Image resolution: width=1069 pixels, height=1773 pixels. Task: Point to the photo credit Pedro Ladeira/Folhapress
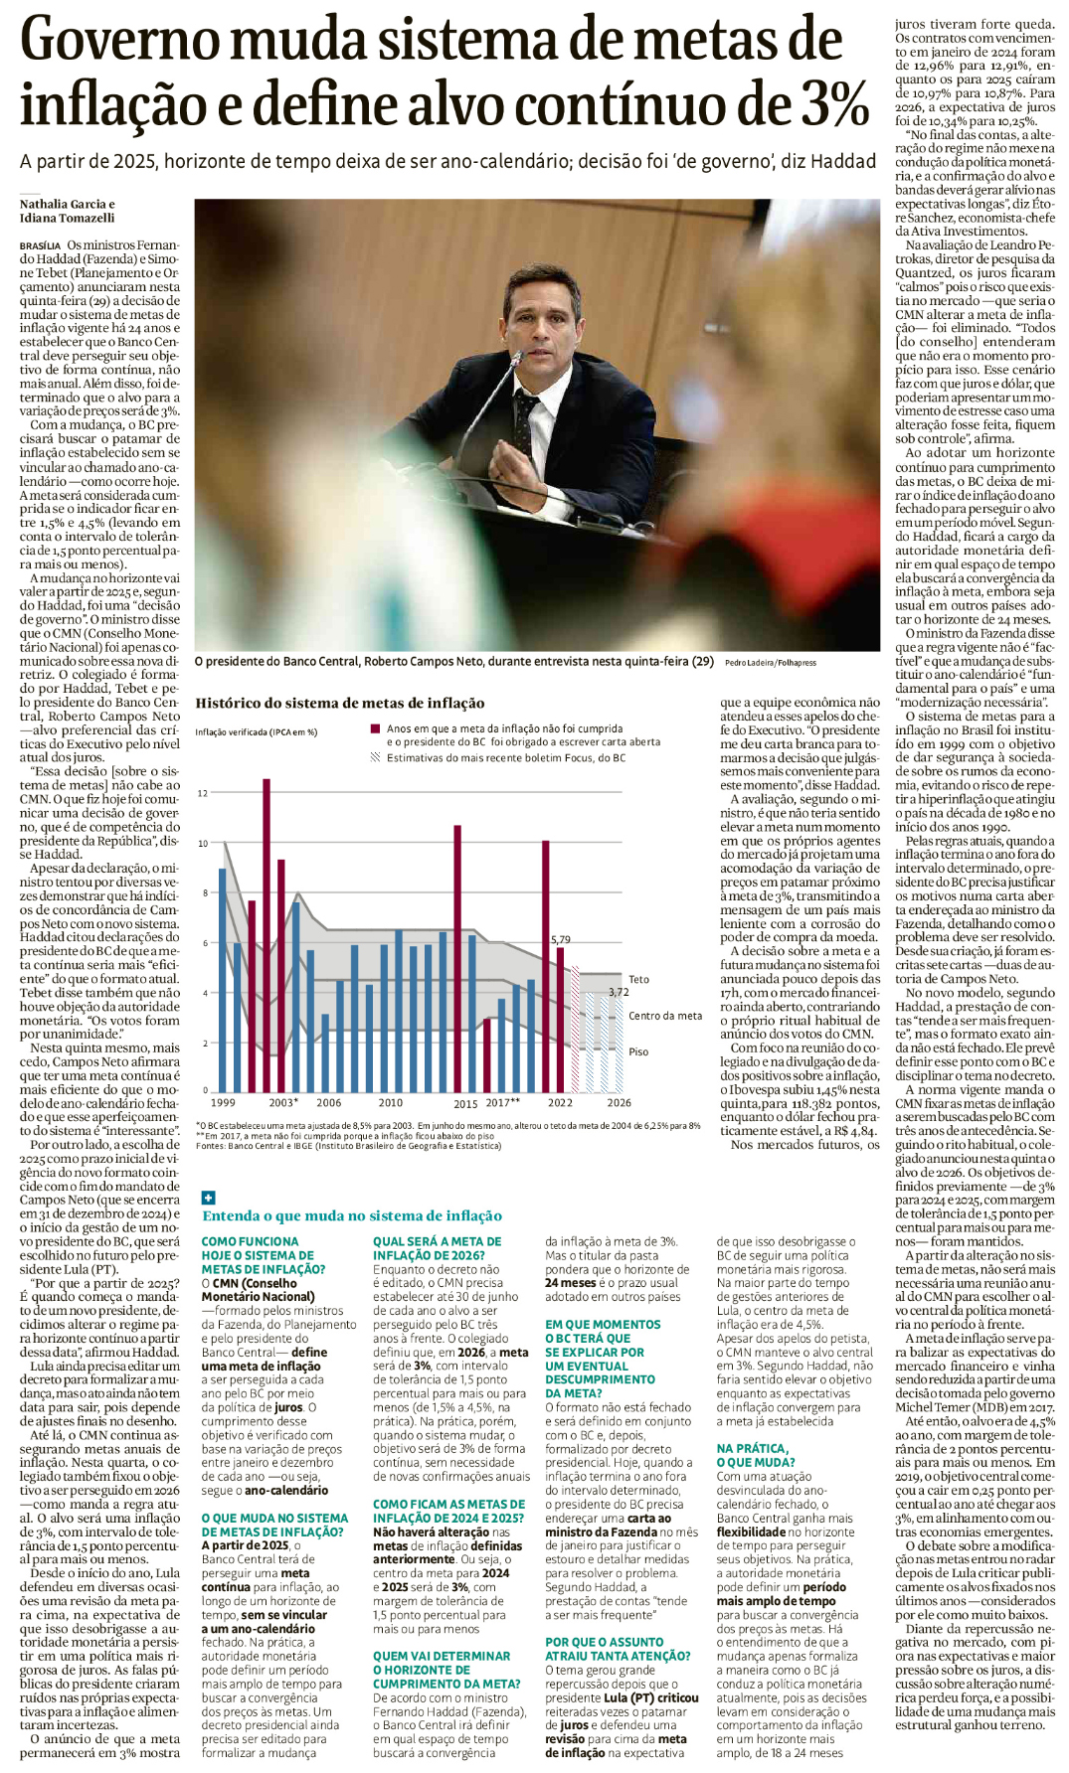coord(770,662)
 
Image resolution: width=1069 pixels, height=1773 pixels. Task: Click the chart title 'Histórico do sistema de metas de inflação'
coord(339,703)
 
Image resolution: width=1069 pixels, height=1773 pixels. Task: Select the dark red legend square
coord(375,728)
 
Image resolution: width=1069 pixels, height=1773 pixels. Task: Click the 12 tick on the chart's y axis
coord(203,793)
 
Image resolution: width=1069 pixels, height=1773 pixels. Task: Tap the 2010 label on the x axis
coord(391,1102)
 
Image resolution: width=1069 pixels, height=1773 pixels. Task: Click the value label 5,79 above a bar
coord(561,939)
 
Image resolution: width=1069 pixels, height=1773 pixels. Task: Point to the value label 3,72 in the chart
coord(619,992)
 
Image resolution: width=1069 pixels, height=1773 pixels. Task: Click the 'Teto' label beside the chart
coord(638,979)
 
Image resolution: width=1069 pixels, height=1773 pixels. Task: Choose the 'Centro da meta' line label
coord(664,1016)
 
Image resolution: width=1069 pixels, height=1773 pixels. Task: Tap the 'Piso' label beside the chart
coord(638,1051)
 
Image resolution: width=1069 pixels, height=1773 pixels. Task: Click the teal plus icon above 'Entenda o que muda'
coord(208,1198)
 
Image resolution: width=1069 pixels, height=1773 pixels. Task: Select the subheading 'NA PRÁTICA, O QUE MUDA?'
coord(753,1455)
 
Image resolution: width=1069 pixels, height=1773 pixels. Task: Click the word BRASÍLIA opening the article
coord(40,245)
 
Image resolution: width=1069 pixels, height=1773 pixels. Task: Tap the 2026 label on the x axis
coord(619,1102)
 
